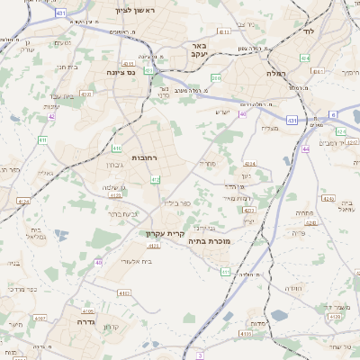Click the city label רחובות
pos(144,157)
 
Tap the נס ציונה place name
pos(121,73)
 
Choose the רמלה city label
pos(275,73)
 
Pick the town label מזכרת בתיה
pos(206,241)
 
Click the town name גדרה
pos(86,320)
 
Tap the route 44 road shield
pos(305,148)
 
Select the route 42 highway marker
pos(51,116)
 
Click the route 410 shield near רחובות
pos(117,148)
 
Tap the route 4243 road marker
pos(249,211)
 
